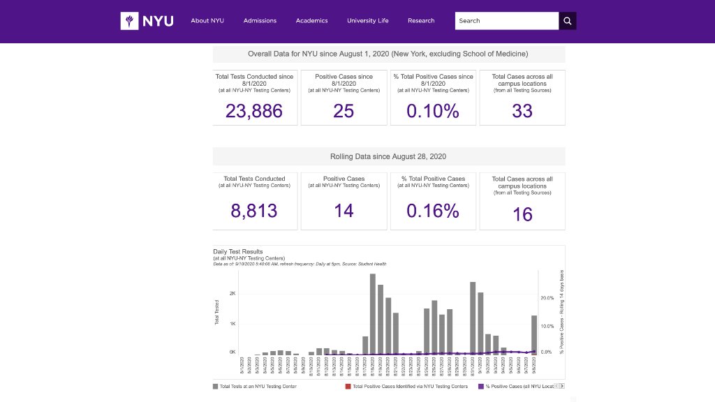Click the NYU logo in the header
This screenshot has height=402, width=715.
point(147,21)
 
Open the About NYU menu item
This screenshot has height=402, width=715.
point(207,21)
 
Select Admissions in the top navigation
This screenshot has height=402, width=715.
point(260,21)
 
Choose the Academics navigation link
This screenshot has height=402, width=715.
point(311,21)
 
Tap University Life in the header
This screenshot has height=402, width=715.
point(367,21)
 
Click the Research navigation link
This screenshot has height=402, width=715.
point(421,21)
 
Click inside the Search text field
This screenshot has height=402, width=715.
point(506,21)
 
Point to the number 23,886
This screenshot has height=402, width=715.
point(254,111)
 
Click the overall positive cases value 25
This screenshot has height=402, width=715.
point(344,111)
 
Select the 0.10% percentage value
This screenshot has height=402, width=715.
point(433,111)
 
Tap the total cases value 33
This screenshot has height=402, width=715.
point(522,111)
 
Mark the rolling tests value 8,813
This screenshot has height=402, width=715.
point(254,211)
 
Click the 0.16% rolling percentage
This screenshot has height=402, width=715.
point(433,211)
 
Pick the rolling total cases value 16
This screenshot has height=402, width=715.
point(522,214)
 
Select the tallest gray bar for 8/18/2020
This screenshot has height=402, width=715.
point(373,314)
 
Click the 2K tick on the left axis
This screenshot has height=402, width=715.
point(233,294)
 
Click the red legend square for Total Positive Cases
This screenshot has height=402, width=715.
point(348,386)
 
